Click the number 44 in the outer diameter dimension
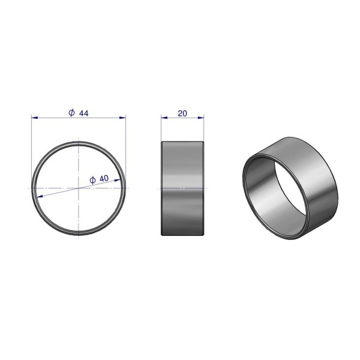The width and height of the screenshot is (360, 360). (84, 113)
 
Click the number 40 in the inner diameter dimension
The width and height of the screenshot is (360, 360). (104, 178)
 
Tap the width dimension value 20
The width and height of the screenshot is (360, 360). (182, 113)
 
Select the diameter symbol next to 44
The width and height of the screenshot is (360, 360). (72, 113)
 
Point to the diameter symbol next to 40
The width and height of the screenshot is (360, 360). (92, 180)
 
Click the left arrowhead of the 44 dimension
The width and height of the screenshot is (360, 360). (34, 118)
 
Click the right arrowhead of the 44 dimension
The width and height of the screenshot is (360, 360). (123, 118)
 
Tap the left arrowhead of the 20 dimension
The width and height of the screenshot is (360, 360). (164, 118)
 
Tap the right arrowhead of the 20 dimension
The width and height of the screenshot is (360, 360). (201, 118)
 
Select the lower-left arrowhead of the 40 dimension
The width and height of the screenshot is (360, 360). (40, 196)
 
